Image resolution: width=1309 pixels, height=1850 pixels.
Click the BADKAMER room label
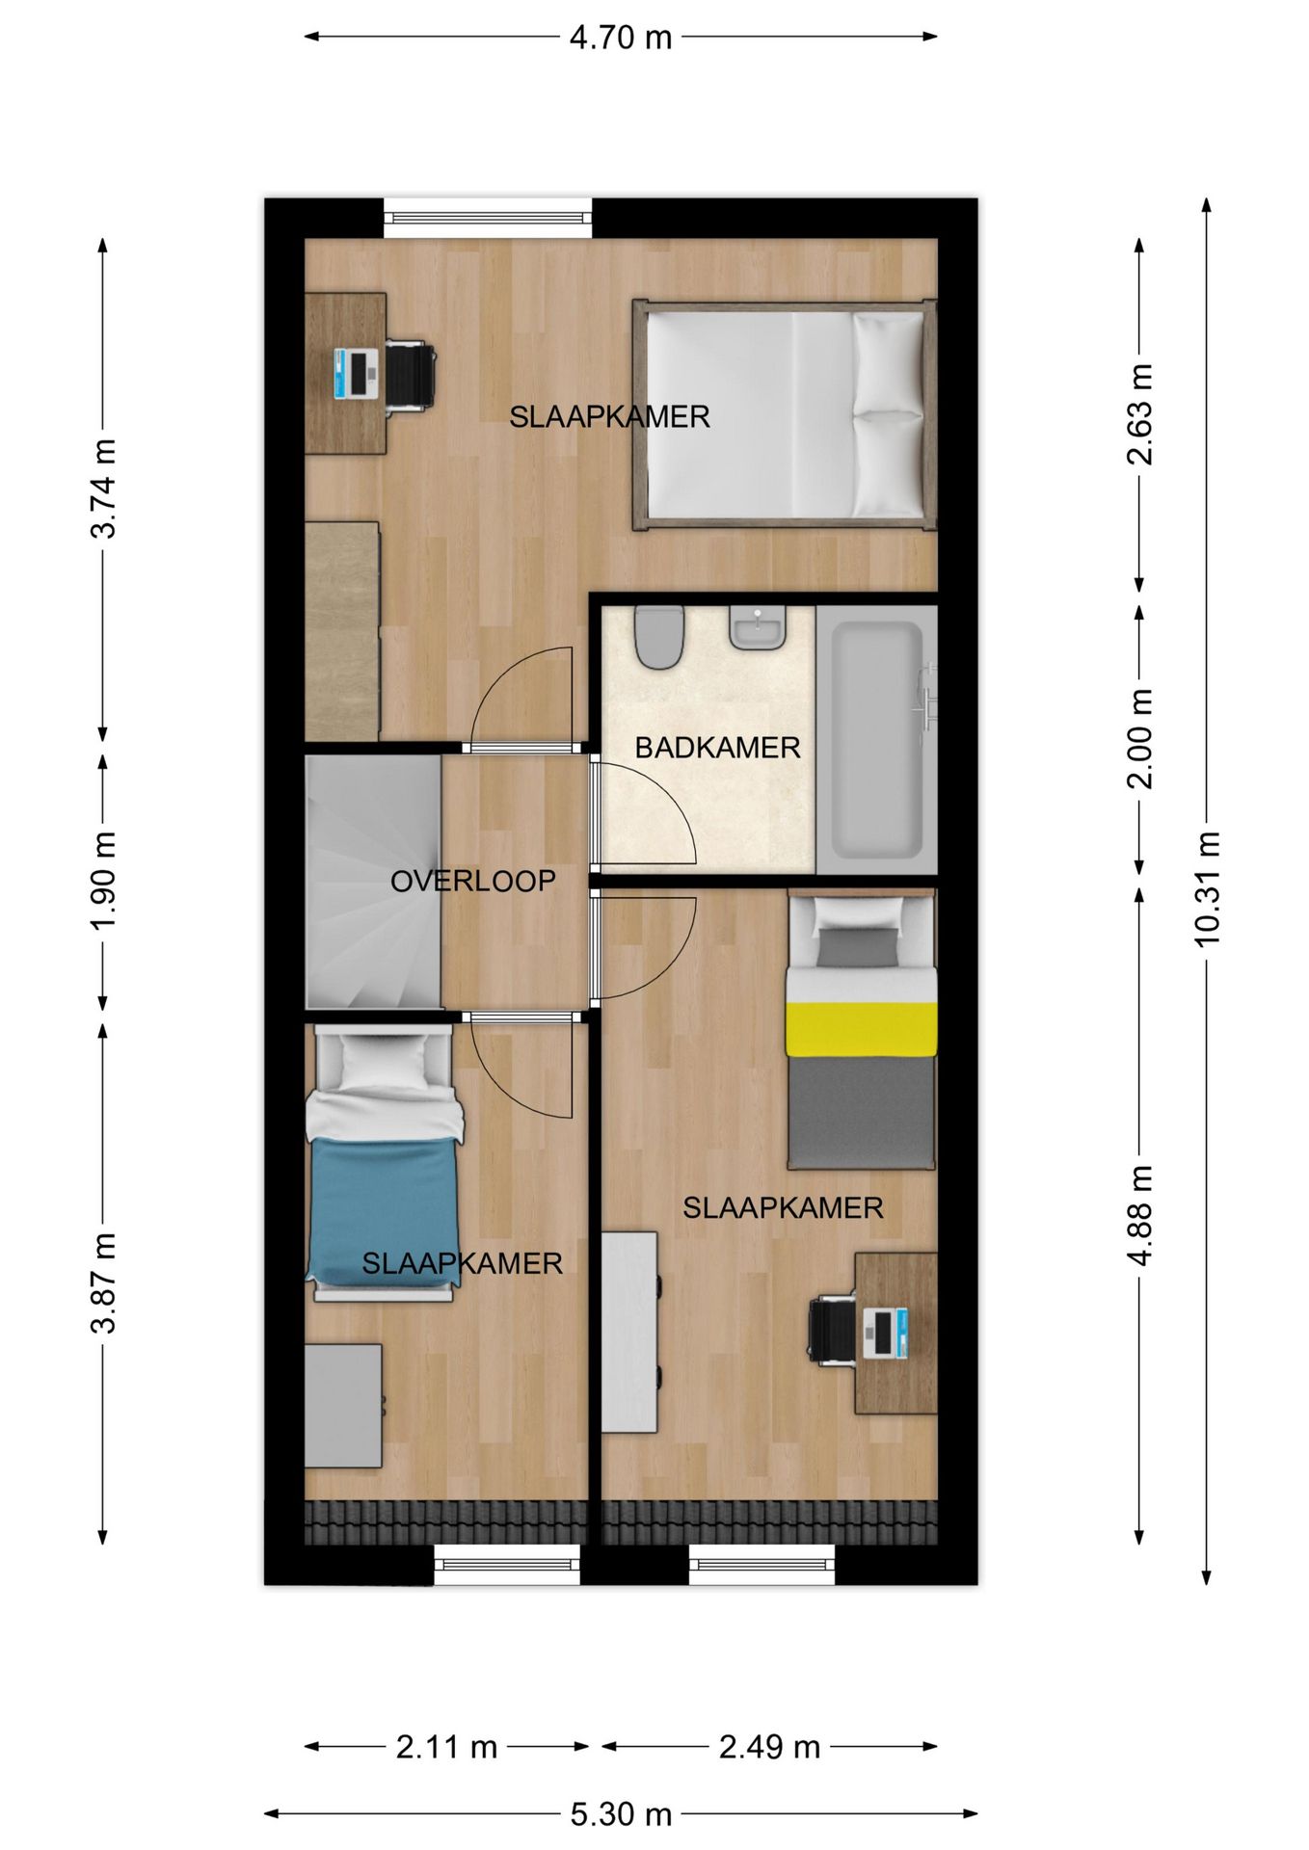(717, 748)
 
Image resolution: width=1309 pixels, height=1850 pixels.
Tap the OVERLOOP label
(472, 881)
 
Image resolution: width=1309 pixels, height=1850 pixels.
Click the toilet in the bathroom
(659, 637)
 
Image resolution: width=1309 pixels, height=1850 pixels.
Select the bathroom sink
(758, 628)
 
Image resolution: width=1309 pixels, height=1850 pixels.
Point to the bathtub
(876, 740)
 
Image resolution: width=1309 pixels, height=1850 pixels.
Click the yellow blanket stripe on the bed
(861, 1029)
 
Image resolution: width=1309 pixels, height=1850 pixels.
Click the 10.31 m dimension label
(1207, 888)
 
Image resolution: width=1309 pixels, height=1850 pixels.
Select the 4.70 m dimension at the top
(621, 37)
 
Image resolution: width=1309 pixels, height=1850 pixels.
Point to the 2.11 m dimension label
(446, 1747)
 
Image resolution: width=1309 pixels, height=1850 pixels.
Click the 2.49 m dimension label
(769, 1747)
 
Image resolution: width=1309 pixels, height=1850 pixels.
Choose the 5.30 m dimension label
(621, 1814)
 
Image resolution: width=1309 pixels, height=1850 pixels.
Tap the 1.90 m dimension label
(103, 881)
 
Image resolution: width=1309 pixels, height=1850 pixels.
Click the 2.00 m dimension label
(1139, 739)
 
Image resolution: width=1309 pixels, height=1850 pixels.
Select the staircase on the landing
(373, 882)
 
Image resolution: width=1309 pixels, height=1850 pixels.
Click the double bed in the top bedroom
(785, 414)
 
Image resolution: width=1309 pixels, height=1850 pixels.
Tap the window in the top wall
(488, 218)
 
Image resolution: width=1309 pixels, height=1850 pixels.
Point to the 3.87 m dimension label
(103, 1282)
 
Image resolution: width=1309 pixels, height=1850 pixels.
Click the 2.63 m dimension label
(1139, 414)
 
